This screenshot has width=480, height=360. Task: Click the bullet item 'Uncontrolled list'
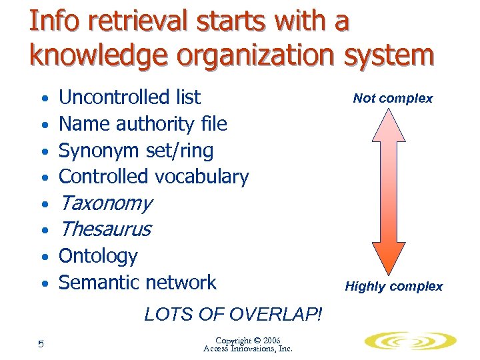pyautogui.click(x=129, y=97)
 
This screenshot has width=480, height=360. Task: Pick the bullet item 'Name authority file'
pyautogui.click(x=143, y=124)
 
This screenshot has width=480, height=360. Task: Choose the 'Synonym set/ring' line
pyautogui.click(x=136, y=151)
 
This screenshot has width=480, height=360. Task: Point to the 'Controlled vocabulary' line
pyautogui.click(x=153, y=177)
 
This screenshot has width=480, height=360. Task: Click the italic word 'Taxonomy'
pyautogui.click(x=105, y=203)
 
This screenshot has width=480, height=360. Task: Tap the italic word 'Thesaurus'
pyautogui.click(x=105, y=229)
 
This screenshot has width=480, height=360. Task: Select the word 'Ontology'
pyautogui.click(x=98, y=256)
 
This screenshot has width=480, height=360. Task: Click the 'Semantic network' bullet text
pyautogui.click(x=137, y=283)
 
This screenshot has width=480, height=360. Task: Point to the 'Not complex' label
pyautogui.click(x=393, y=99)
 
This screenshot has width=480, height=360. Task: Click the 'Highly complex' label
pyautogui.click(x=393, y=287)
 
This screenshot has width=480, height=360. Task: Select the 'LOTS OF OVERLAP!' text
pyautogui.click(x=233, y=314)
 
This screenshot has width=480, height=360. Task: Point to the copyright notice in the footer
pyautogui.click(x=247, y=344)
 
